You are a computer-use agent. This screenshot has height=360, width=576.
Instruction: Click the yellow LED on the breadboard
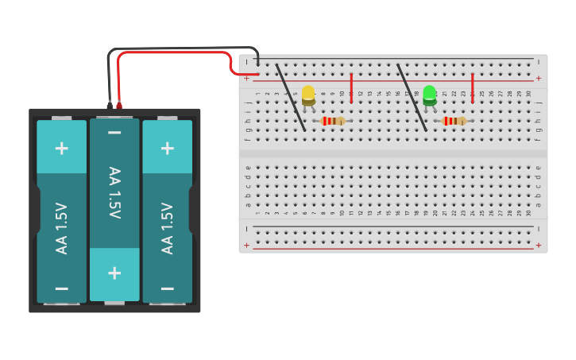(x=308, y=95)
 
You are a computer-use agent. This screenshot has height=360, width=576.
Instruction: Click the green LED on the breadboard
(x=430, y=95)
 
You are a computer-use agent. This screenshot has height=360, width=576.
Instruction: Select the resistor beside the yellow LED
(x=333, y=121)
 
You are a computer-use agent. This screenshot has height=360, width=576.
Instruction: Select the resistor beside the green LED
(x=454, y=121)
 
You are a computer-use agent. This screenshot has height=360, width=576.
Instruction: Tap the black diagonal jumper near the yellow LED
(x=290, y=98)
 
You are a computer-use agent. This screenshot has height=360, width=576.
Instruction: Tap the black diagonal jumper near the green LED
(x=412, y=98)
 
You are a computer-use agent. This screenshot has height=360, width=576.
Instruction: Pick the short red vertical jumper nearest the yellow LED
(x=352, y=87)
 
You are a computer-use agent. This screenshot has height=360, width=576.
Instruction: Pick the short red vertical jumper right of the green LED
(x=473, y=87)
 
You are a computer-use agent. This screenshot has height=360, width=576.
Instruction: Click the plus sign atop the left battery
(x=61, y=148)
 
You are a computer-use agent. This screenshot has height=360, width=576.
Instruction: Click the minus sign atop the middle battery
(x=114, y=132)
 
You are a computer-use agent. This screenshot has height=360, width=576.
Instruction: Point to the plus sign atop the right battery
(x=167, y=148)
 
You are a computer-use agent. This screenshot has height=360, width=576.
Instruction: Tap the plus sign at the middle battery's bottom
(x=114, y=273)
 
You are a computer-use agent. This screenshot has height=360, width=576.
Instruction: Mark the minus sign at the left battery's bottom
(x=61, y=288)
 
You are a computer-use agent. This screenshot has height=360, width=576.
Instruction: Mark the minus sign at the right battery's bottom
(x=167, y=288)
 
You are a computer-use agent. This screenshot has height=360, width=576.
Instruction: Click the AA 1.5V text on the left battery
(x=61, y=228)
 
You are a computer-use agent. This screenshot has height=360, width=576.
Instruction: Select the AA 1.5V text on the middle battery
(x=114, y=193)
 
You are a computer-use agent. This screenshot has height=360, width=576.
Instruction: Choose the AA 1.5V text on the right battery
(x=167, y=228)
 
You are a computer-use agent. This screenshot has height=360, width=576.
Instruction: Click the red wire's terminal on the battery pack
(x=119, y=105)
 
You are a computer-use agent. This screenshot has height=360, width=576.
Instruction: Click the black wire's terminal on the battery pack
(x=110, y=105)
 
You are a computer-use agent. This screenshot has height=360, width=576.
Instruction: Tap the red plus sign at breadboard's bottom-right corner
(x=539, y=246)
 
